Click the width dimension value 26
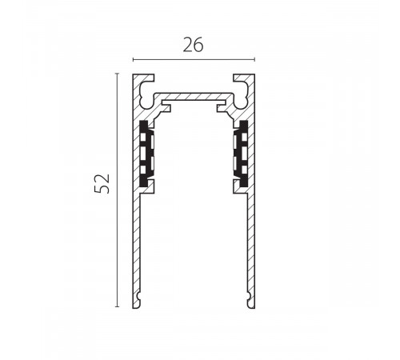[x=194, y=45]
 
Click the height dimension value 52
[x=102, y=183]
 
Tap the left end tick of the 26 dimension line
[x=133, y=59]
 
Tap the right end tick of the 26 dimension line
[x=254, y=59]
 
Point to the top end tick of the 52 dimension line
[x=117, y=73]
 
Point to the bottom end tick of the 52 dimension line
[x=117, y=306]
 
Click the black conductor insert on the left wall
[x=146, y=154]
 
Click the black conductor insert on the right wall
[x=242, y=154]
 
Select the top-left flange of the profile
[x=144, y=78]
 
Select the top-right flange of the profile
[x=244, y=78]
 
